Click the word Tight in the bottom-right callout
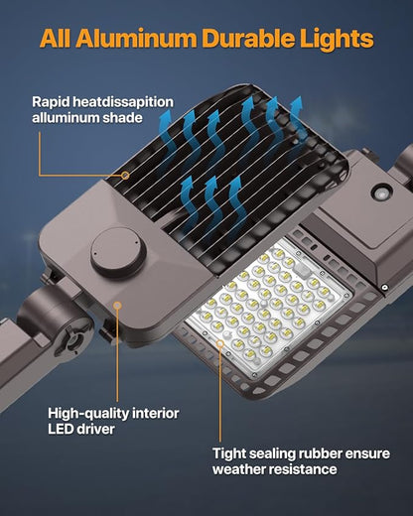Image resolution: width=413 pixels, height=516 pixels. (231, 451)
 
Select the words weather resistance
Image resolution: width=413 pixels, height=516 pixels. (275, 469)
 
